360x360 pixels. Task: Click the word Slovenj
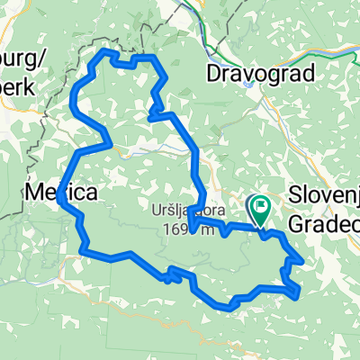pyautogui.click(x=325, y=193)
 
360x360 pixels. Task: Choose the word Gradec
pyautogui.click(x=325, y=220)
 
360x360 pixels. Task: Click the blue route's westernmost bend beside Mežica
pyautogui.click(x=59, y=203)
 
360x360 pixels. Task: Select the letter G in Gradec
pyautogui.click(x=298, y=220)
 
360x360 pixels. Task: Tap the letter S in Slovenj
pyautogui.click(x=295, y=193)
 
